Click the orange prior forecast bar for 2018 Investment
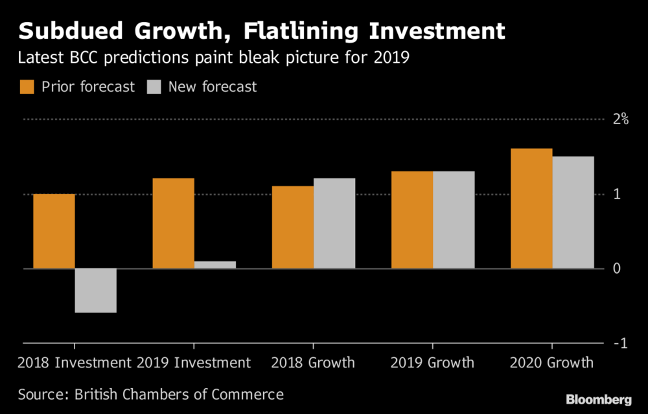(x=54, y=231)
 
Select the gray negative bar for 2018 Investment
(x=96, y=290)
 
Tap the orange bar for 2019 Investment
(x=173, y=223)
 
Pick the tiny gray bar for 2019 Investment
(x=215, y=265)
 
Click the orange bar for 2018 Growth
(x=293, y=227)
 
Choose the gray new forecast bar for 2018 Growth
(x=334, y=223)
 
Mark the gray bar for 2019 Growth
(x=454, y=220)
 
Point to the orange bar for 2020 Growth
(x=531, y=208)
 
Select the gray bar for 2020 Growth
(x=573, y=212)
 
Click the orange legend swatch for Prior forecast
(x=27, y=87)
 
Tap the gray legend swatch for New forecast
(x=154, y=87)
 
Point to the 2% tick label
(x=621, y=119)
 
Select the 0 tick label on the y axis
(x=618, y=268)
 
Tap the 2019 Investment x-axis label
(x=194, y=362)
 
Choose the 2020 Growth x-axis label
(x=552, y=362)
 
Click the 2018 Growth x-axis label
(x=313, y=362)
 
